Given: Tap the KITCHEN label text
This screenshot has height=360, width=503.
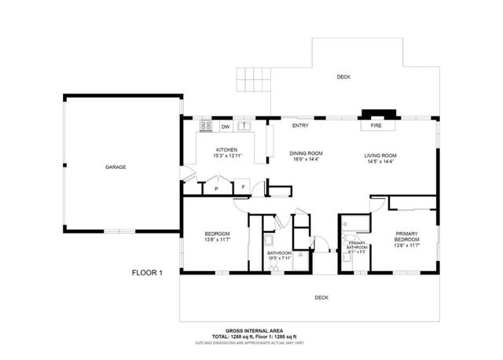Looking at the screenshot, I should click(227, 149).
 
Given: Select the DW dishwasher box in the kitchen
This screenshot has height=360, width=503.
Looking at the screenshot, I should click(225, 126).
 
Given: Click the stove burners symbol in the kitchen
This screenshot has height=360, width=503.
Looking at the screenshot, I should click(206, 125).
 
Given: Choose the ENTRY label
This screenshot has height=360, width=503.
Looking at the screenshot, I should click(300, 126).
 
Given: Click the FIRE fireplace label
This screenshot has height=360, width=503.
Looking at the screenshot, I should click(378, 126).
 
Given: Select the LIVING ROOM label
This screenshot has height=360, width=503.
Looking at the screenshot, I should click(380, 155).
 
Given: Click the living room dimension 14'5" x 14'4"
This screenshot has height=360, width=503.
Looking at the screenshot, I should click(380, 162).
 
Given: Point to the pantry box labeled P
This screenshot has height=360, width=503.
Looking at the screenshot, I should click(215, 189).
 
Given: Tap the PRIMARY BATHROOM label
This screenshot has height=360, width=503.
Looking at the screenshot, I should click(358, 246).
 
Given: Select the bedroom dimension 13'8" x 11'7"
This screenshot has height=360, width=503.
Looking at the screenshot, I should click(217, 240).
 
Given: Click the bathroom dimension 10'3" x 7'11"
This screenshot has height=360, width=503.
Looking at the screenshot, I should click(279, 258).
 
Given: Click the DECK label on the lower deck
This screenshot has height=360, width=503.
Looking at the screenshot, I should click(321, 297).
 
